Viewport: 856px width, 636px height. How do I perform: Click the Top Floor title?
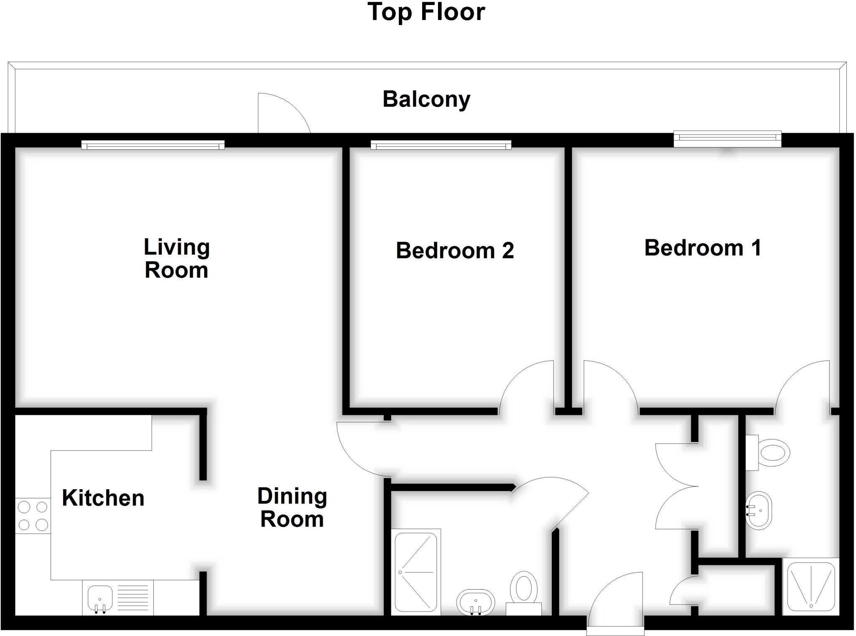coord(426,13)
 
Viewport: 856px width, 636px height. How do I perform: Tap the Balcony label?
coord(426,100)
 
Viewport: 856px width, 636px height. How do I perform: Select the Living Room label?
coord(176,258)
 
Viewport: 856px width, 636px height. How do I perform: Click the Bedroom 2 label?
coord(455,250)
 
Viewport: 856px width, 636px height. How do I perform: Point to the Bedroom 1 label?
coord(703,248)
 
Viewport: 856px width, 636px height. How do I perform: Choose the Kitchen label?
coord(103,498)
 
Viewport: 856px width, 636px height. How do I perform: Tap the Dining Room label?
coord(292,508)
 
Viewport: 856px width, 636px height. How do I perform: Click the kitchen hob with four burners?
coord(33,516)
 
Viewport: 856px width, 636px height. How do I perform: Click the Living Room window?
coord(153,145)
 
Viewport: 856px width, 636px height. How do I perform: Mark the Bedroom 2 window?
coord(441,146)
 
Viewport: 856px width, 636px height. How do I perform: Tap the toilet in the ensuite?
coord(772,452)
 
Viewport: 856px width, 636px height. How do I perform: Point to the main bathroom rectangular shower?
coord(416,572)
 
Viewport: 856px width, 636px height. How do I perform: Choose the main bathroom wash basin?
coord(476,603)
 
